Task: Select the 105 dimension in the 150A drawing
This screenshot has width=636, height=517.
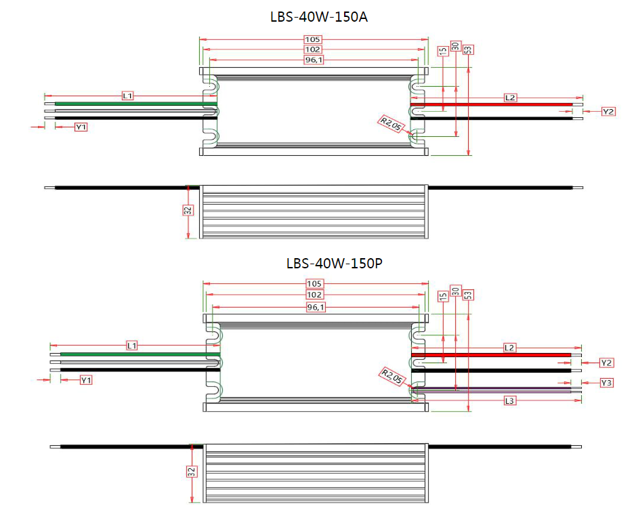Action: coord(313,39)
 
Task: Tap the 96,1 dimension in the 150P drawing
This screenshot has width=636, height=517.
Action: coord(316,307)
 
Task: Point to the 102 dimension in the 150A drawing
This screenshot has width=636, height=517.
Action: coord(313,49)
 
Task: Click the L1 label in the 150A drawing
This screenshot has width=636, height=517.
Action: coord(127,96)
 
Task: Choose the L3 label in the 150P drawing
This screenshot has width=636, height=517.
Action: coord(510,401)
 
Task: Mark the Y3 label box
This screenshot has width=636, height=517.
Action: coord(607,383)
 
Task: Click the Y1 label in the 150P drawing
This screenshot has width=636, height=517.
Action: coord(86,380)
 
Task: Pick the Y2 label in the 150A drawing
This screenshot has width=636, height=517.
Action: coord(608,111)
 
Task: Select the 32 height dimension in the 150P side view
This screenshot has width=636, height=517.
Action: coord(191,471)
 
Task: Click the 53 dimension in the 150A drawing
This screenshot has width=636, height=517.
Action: coord(469,49)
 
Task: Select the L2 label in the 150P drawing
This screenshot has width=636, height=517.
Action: coord(510,347)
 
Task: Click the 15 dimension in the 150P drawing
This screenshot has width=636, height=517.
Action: coord(443,297)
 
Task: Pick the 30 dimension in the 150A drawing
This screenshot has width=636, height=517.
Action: coord(455,46)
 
